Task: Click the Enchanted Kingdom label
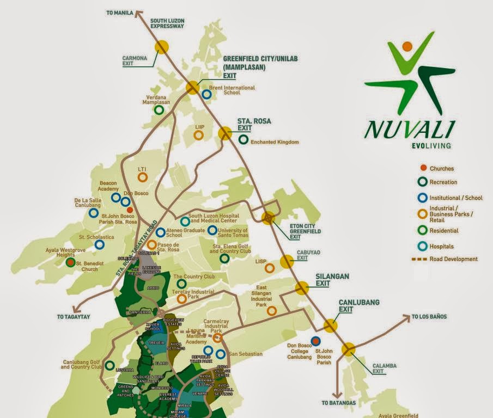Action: (x=275, y=142)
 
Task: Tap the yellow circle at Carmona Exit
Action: (x=161, y=47)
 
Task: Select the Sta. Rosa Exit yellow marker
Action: (x=225, y=133)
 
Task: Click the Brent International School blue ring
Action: (x=207, y=94)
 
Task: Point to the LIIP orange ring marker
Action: (x=199, y=134)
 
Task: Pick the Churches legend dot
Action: (x=423, y=169)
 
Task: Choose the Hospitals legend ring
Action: (x=423, y=247)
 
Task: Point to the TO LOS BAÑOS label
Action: (x=430, y=316)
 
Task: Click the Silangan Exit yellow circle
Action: (x=302, y=288)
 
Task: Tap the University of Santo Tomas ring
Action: (x=212, y=230)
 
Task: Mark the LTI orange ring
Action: (x=142, y=177)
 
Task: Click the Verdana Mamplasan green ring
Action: (x=159, y=110)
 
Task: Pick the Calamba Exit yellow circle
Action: (x=349, y=349)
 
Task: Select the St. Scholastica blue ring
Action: (x=99, y=245)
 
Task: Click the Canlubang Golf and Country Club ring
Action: (x=110, y=365)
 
